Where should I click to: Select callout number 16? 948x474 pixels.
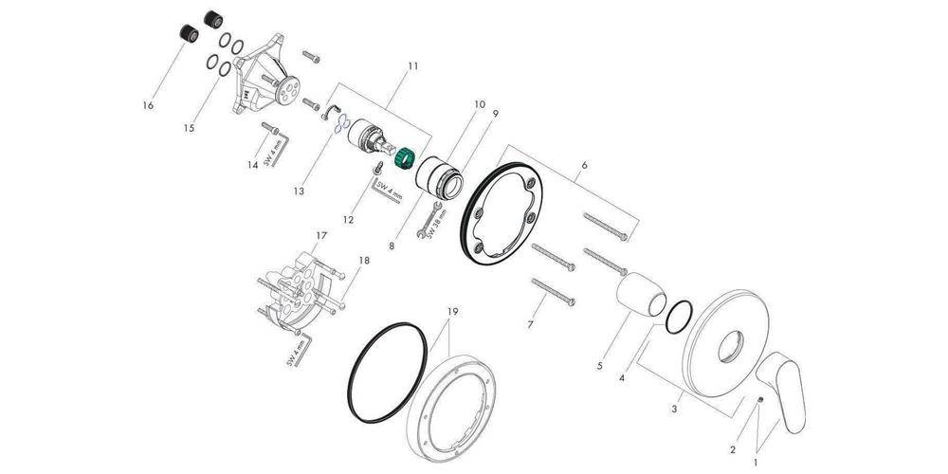pos(148,106)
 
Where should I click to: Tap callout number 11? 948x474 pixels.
pos(413,65)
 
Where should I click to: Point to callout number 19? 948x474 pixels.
pos(453,311)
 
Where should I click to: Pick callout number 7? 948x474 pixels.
pos(530,324)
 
